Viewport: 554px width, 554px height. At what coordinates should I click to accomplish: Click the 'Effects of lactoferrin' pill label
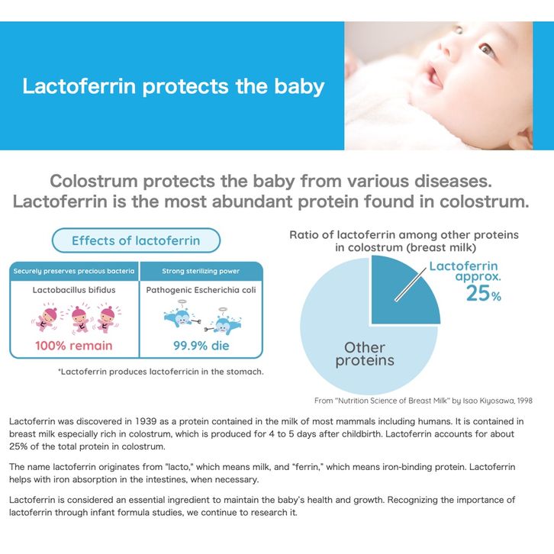pos(136,240)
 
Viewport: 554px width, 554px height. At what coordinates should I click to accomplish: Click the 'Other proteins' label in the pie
pos(365,354)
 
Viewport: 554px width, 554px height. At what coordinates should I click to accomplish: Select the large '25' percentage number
pos(478,293)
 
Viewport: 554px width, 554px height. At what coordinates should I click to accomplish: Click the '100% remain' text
pos(74,346)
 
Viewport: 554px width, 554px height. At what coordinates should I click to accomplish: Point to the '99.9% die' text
pos(201,346)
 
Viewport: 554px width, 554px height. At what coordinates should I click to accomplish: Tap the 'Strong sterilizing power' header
pos(201,272)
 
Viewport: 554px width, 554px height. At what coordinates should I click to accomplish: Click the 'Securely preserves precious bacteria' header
pos(74,272)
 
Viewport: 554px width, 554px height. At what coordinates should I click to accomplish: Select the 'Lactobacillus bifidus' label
pos(74,290)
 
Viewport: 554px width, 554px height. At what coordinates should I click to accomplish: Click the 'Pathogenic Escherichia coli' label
pos(201,290)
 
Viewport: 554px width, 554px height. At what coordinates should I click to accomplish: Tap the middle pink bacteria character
pos(80,319)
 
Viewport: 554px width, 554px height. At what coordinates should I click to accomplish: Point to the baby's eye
pos(488,49)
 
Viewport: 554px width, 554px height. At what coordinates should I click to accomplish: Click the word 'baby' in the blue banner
pos(299,86)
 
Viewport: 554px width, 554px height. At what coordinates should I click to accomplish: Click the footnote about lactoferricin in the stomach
pos(161,372)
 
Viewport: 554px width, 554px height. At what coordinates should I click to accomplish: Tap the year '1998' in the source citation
pos(525,401)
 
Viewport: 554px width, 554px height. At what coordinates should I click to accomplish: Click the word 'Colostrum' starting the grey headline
pos(94,182)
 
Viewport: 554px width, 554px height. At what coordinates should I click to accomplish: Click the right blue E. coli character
pos(224,324)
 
